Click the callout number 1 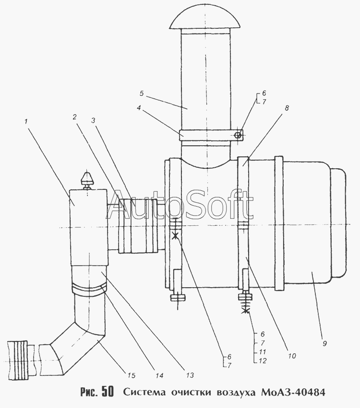tap(26, 121)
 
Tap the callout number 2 tap(75, 117)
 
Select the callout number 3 tap(93, 120)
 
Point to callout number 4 tap(139, 107)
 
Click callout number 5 tap(142, 93)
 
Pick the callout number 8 tap(287, 108)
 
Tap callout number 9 tap(324, 343)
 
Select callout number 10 tap(292, 356)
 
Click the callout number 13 tap(190, 375)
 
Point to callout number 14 tap(159, 375)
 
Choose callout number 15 tap(132, 375)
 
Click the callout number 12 tap(263, 361)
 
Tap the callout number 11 tap(263, 352)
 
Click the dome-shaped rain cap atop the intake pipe tap(204, 20)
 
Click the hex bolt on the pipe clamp tap(238, 135)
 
